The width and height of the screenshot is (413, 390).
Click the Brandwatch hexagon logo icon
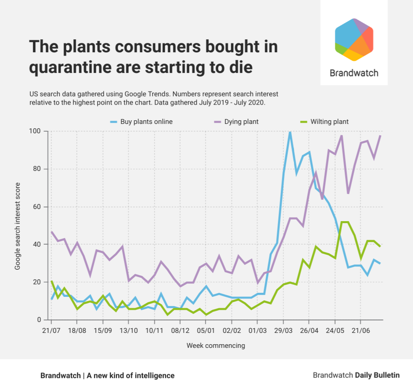354,40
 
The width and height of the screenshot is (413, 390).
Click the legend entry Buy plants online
146,121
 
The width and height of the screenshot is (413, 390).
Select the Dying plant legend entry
241,121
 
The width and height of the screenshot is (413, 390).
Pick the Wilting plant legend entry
329,121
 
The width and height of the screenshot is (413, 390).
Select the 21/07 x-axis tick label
51,330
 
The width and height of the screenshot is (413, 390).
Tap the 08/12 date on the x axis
180,330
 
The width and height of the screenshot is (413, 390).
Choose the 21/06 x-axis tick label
361,330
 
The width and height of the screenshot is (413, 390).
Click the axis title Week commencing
215,346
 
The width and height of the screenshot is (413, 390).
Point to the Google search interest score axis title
17,226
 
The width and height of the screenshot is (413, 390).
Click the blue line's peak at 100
290,132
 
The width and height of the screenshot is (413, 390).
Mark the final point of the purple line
380,136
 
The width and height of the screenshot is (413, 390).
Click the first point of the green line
51,281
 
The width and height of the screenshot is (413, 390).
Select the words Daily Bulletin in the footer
377,375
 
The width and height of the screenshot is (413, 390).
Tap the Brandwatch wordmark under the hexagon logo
354,73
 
